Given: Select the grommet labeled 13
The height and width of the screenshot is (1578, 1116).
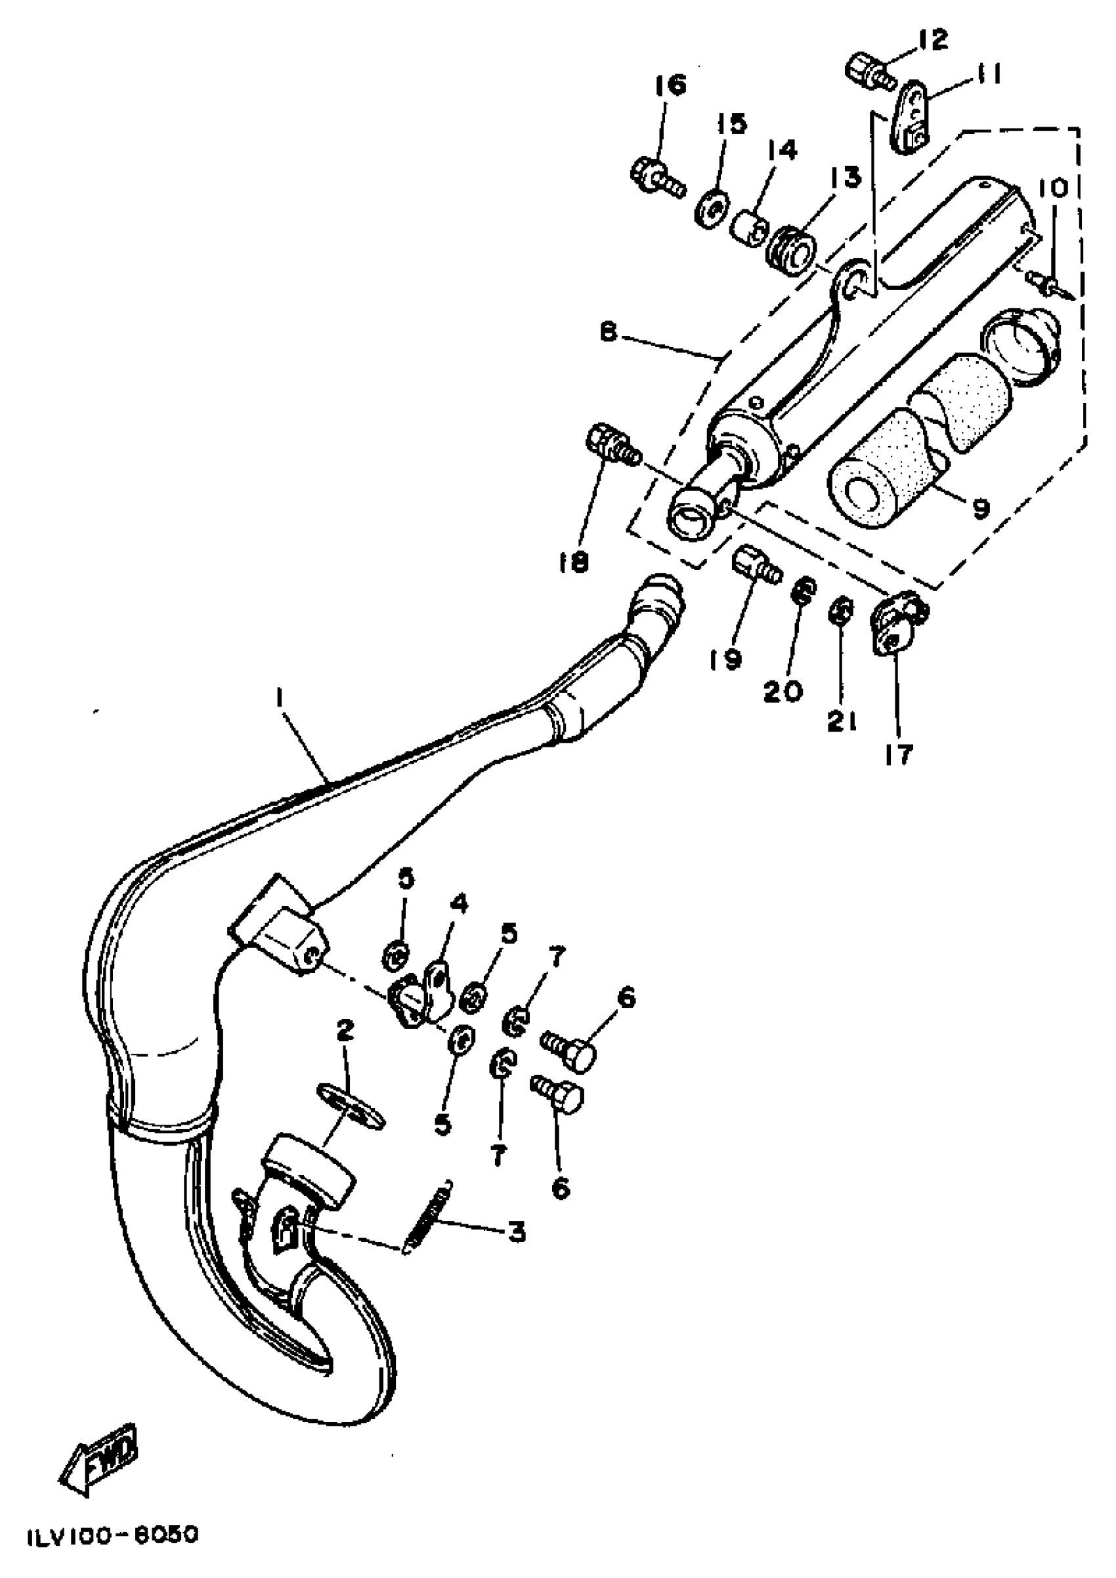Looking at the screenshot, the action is [791, 247].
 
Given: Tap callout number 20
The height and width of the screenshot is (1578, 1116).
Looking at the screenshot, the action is [783, 691].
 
